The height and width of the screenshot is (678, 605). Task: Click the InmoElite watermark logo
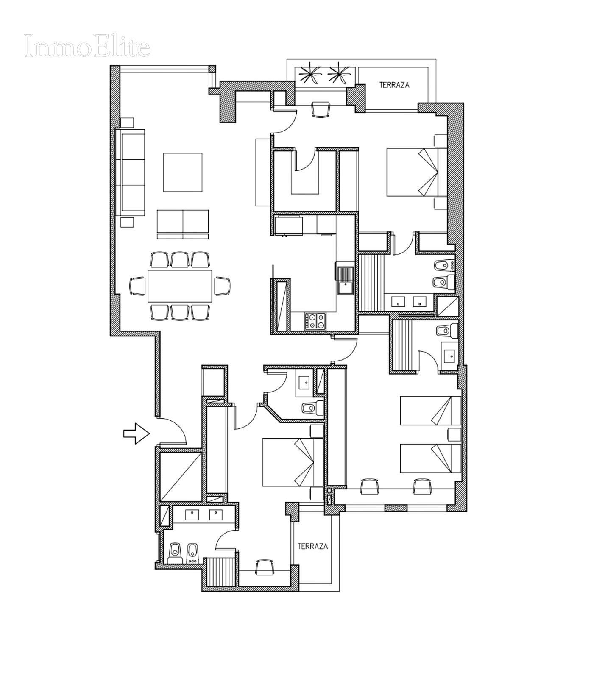coord(87,46)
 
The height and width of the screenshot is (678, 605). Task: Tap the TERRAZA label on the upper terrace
coord(394,85)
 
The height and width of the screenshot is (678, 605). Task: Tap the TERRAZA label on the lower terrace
coord(312,546)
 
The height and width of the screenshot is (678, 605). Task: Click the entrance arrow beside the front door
coord(137,433)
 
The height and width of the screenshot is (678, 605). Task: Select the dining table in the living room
coord(180,286)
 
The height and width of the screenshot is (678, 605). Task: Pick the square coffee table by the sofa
coord(183,172)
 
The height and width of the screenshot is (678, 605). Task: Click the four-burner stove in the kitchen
coord(315,321)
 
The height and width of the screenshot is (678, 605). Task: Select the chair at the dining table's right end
coord(222,286)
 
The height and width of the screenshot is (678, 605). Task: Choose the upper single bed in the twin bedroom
coord(430,410)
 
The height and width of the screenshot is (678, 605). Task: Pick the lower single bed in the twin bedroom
coord(430,458)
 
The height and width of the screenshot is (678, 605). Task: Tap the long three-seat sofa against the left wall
coord(131,172)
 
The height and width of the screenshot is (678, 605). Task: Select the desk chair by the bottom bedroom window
coord(265,567)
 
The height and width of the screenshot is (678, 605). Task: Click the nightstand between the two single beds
coord(454,434)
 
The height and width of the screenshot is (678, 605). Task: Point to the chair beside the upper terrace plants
coord(321,109)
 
